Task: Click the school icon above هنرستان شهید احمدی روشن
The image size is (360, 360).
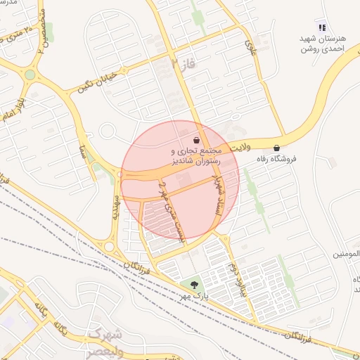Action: (x=322, y=28)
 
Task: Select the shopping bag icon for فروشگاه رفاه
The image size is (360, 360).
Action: (x=276, y=148)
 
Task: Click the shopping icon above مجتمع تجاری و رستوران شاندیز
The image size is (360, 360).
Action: (x=195, y=139)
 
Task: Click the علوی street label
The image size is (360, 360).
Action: (x=250, y=47)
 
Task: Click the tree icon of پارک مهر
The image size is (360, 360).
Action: (x=194, y=285)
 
